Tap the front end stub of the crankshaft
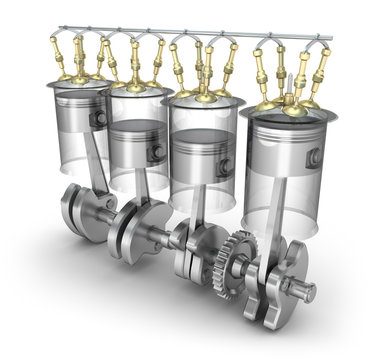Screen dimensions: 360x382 pos(300,291)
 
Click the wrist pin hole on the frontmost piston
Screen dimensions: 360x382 pos(314,157)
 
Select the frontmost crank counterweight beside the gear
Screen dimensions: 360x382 pos(268,284)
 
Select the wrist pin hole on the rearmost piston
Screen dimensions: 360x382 pos(100,118)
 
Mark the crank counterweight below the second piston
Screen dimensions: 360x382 pos(130,230)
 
